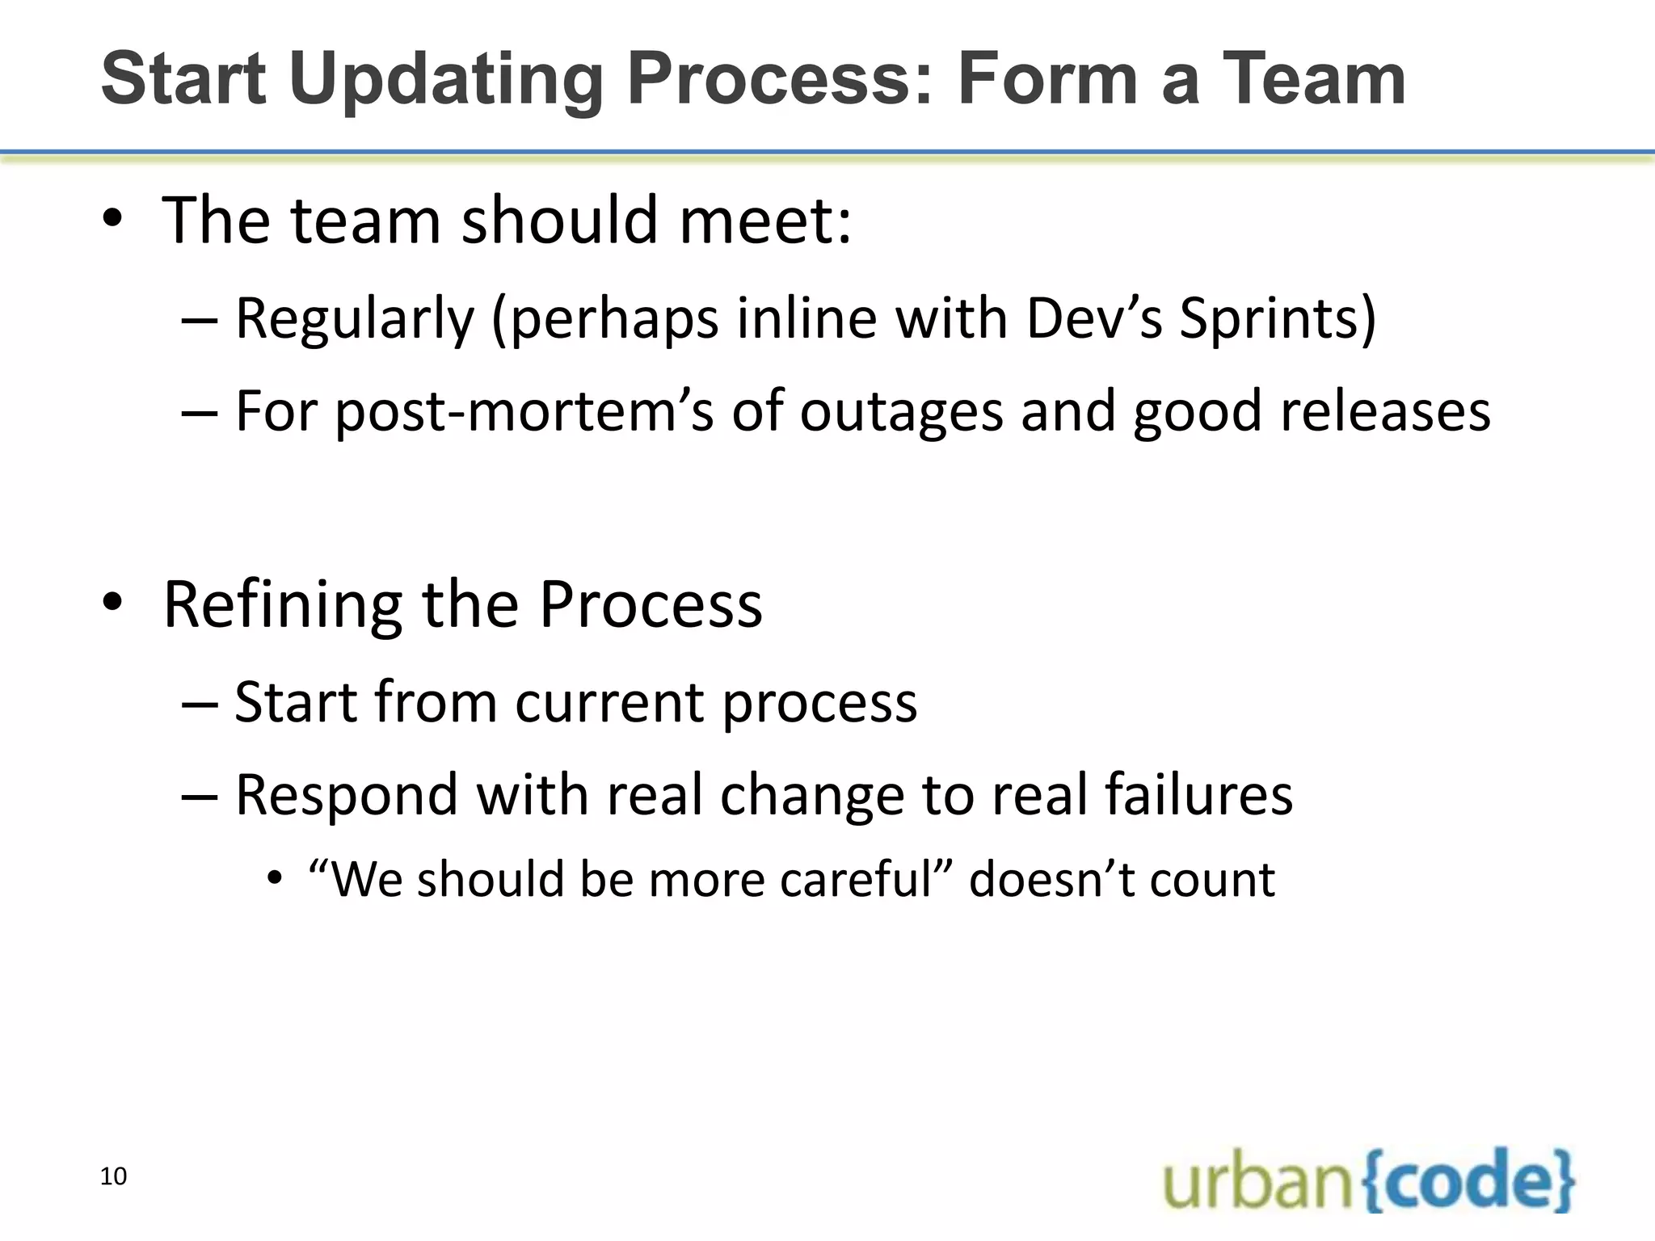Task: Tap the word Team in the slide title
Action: coord(1313,79)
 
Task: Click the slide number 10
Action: coord(113,1176)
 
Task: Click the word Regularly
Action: coord(354,320)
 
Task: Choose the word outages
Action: coord(900,412)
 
